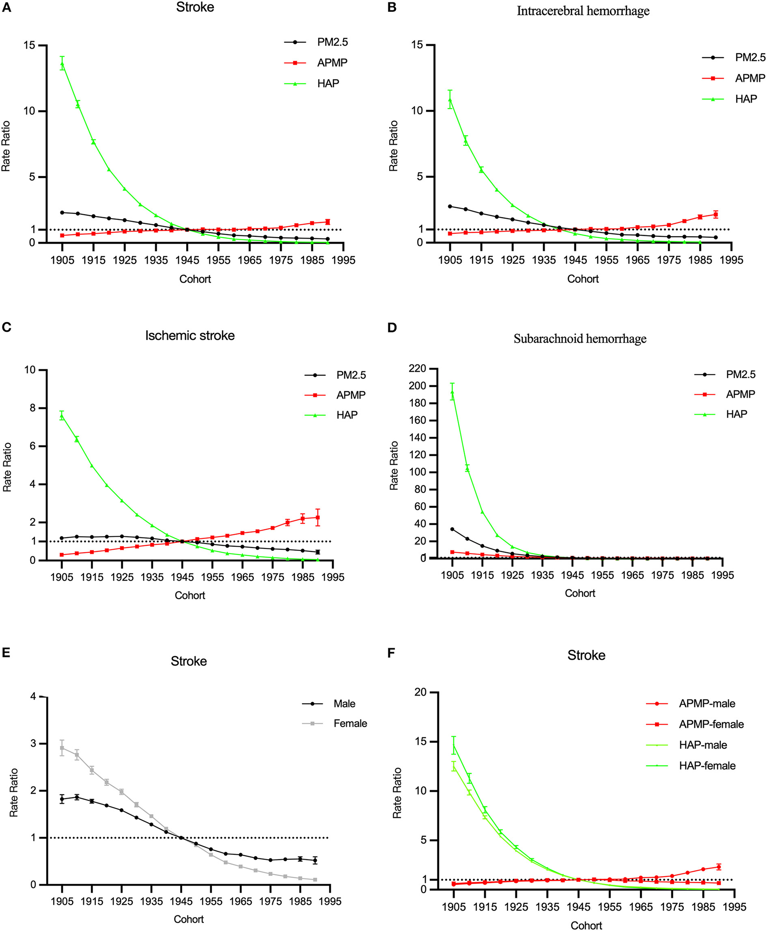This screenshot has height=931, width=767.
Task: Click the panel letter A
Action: (6, 8)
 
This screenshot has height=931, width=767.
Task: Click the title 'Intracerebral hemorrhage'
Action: (583, 11)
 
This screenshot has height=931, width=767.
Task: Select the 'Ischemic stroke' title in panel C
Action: (190, 335)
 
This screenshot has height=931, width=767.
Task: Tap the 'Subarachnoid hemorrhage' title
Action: (580, 339)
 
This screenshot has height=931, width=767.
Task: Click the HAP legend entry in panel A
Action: (328, 84)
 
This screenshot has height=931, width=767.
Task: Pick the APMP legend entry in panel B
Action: (749, 78)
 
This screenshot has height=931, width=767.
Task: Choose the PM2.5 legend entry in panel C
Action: (351, 375)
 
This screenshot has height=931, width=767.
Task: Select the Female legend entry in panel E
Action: (350, 723)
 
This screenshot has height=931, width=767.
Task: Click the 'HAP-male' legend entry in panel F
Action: (703, 745)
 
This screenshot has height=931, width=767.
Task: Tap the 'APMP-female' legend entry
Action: (711, 724)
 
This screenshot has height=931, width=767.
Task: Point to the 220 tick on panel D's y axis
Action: (418, 368)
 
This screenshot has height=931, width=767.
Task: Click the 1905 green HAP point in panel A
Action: (62, 64)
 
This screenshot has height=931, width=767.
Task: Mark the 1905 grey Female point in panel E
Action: (62, 748)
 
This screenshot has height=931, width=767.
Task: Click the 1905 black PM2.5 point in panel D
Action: (452, 529)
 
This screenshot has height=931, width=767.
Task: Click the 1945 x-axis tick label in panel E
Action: (181, 902)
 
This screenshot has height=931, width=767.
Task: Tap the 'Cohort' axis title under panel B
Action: (583, 279)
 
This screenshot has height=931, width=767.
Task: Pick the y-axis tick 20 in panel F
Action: (421, 692)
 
